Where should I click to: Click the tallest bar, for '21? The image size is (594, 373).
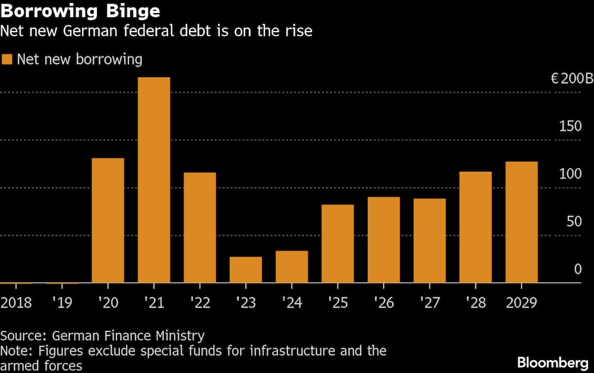point(154,180)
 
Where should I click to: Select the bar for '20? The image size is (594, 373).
point(108,220)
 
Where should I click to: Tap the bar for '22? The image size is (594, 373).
point(200,227)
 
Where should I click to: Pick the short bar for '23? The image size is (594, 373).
point(245,270)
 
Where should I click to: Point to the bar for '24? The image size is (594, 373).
point(292,267)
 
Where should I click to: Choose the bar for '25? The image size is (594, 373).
point(337,244)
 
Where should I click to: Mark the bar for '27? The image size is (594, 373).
point(429,241)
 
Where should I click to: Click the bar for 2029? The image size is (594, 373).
point(522,222)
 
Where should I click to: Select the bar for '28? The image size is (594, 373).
point(475,227)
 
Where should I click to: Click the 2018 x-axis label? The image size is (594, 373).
point(16,303)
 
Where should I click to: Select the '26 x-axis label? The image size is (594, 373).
point(384,303)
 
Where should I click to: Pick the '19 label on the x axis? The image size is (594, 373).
point(62,303)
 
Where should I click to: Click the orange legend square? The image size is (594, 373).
point(7,59)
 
